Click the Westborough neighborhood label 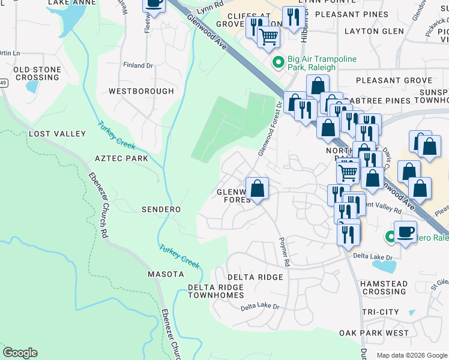[141, 91]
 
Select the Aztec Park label [121, 158]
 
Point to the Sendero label [161, 209]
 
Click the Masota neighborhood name [166, 274]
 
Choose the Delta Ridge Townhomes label [216, 291]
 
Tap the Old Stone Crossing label [37, 74]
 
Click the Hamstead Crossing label [384, 287]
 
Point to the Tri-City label [381, 312]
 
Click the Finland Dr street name [139, 65]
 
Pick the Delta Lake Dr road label [260, 307]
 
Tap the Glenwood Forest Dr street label [270, 129]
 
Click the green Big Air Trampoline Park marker [279, 62]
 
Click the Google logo [20, 353]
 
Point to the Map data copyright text [411, 355]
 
